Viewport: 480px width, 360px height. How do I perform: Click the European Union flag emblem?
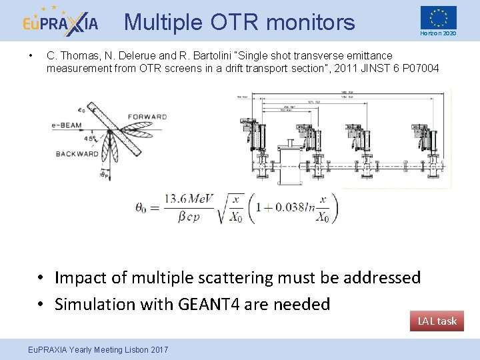click(x=438, y=17)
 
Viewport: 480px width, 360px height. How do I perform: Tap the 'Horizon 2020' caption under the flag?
click(x=438, y=33)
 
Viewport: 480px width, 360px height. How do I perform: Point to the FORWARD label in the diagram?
click(x=147, y=117)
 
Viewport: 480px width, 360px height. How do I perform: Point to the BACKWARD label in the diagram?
click(x=77, y=153)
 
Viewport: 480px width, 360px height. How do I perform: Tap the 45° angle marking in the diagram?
click(x=89, y=138)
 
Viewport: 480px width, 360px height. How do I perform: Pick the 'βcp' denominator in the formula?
click(x=190, y=217)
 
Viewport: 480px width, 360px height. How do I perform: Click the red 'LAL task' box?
click(x=437, y=321)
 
